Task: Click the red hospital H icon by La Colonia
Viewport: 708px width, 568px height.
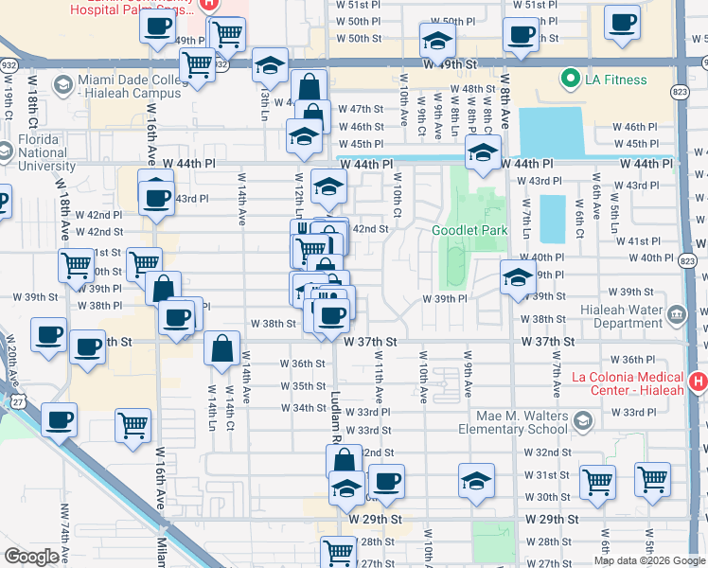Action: click(x=698, y=382)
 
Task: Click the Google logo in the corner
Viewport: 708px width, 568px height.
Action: click(x=30, y=557)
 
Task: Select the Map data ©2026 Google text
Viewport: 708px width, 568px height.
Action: click(x=648, y=560)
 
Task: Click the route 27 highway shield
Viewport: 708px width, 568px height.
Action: click(x=19, y=402)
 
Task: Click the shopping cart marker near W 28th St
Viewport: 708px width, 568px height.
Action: click(x=338, y=552)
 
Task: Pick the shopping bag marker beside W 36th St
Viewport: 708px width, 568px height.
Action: click(x=221, y=348)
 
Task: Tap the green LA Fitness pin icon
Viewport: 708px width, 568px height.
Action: click(x=569, y=78)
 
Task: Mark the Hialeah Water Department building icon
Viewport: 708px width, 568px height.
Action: click(x=676, y=314)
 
